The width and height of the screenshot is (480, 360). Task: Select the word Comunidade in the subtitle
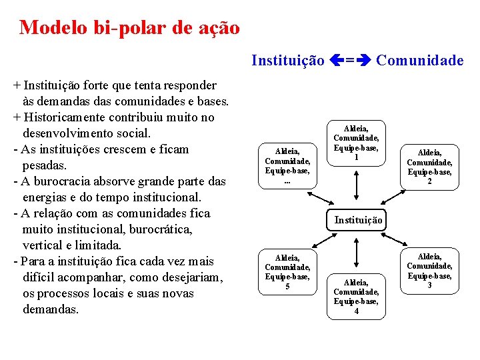click(420, 61)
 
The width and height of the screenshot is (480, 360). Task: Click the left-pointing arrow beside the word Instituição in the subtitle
click(336, 61)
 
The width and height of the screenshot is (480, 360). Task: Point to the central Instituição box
click(359, 219)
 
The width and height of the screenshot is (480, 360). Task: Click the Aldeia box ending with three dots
click(287, 166)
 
